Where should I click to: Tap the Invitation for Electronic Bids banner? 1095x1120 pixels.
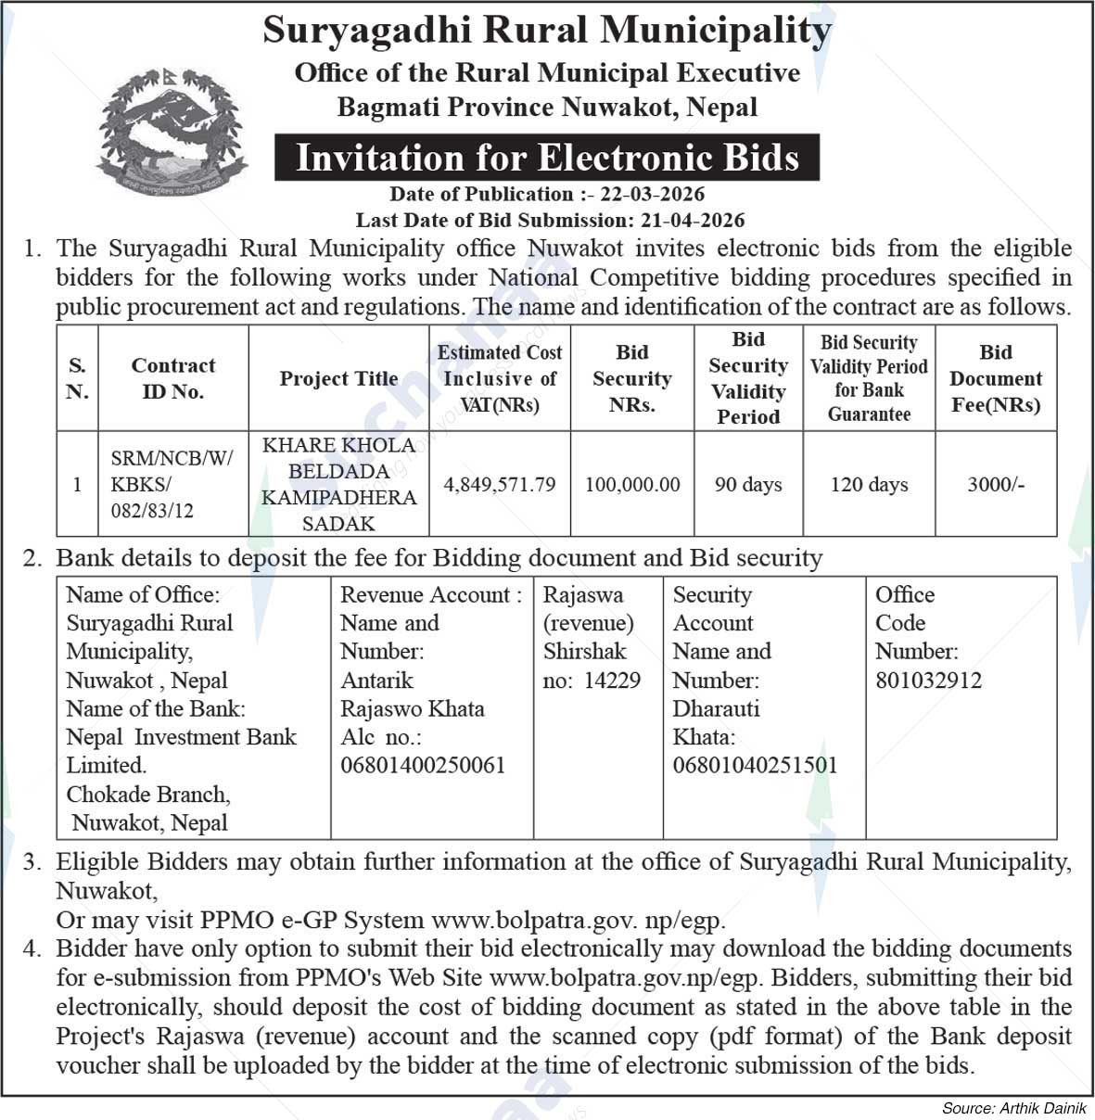[x=547, y=157]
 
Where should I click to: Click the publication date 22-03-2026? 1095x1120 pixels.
[x=652, y=194]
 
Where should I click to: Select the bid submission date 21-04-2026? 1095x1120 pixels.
[x=692, y=220]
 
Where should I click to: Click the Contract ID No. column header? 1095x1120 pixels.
[x=172, y=378]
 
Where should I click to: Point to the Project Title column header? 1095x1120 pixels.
[x=338, y=378]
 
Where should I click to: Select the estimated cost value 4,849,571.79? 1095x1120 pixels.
[x=500, y=484]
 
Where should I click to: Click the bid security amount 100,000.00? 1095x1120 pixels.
[x=632, y=484]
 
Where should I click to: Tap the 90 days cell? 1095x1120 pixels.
[x=748, y=484]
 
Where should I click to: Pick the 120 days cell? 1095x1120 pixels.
[x=869, y=484]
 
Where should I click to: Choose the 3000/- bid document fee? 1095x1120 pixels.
[x=996, y=484]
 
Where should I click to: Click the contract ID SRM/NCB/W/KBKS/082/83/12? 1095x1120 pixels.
[x=172, y=484]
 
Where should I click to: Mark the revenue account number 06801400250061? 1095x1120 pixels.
[x=423, y=765]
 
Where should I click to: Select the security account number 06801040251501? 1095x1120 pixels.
[x=755, y=765]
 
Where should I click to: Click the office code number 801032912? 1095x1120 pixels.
[x=928, y=681]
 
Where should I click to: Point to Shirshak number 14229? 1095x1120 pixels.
[x=612, y=681]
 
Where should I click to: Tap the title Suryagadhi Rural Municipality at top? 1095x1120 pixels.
[x=547, y=30]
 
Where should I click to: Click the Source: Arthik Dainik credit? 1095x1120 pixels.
[x=1013, y=1108]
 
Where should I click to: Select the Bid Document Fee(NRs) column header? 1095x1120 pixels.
[x=996, y=378]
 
